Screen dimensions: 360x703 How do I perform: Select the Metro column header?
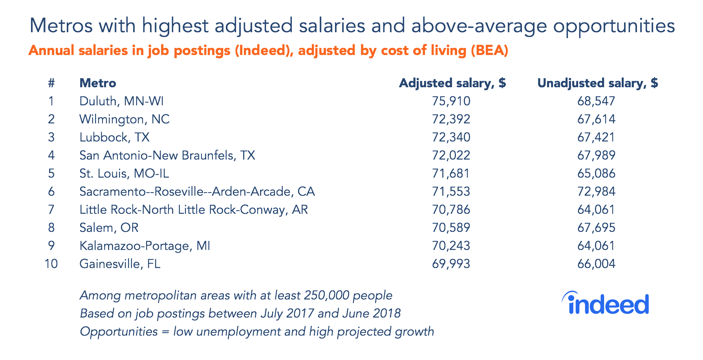pos(98,83)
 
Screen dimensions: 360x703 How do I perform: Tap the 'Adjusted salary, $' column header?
pos(452,83)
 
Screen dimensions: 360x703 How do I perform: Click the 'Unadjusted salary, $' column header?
pos(597,83)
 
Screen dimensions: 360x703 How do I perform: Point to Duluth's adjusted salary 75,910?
pos(451,101)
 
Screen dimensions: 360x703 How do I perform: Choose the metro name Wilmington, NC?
pos(124,119)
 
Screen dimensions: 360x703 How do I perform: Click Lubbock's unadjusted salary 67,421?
pos(596,138)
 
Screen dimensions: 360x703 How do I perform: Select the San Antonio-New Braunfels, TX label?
pos(167,156)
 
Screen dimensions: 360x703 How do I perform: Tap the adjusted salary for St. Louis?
pos(451,174)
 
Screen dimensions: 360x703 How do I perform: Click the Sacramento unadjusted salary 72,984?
pos(596,192)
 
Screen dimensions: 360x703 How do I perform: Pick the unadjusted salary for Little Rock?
pos(596,210)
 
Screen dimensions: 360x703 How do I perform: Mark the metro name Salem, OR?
pos(109,228)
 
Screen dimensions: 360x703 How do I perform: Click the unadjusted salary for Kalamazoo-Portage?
pos(596,246)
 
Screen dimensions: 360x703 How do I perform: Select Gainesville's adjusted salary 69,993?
pos(451,264)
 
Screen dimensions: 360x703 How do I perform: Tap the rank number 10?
pos(51,264)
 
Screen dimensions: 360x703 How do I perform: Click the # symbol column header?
pos(51,83)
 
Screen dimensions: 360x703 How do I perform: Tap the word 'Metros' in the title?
pos(61,26)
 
